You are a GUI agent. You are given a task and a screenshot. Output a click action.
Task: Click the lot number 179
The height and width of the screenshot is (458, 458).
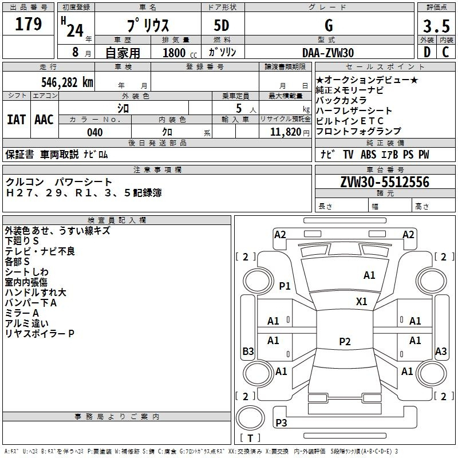tap(28, 24)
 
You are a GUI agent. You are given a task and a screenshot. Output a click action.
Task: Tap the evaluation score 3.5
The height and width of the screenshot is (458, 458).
tap(436, 26)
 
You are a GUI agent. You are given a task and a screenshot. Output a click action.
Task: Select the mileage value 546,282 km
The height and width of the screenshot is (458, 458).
tap(67, 82)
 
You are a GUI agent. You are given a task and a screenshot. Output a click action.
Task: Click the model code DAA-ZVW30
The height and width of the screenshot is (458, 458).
tap(328, 53)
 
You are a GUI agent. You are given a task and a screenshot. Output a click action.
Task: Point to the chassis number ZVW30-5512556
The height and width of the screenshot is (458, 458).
tap(385, 182)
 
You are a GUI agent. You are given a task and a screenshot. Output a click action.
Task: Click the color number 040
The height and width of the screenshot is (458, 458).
tap(94, 132)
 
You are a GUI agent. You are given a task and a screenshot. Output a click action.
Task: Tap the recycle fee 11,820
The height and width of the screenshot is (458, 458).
tap(286, 132)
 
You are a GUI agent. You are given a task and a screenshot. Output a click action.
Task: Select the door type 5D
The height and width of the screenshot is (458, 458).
tap(222, 25)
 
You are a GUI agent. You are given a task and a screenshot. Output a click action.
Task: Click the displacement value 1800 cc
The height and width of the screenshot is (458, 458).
tap(180, 53)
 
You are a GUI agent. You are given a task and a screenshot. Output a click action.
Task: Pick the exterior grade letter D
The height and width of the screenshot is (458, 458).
tap(427, 52)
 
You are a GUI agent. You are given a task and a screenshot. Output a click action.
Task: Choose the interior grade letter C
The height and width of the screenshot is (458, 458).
tap(445, 52)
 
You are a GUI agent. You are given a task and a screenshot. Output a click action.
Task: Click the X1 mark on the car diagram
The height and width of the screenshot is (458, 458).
tap(362, 302)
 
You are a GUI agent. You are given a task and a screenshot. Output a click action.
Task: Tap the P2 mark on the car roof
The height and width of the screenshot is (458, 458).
tap(345, 341)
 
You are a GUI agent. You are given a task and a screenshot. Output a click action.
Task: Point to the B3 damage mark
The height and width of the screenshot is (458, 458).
tap(248, 351)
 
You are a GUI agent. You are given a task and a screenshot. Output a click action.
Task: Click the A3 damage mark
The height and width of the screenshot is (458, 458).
tap(441, 351)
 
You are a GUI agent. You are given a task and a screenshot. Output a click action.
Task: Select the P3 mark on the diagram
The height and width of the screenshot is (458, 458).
tap(281, 423)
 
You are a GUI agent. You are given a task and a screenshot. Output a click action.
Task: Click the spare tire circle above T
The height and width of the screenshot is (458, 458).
tap(250, 417)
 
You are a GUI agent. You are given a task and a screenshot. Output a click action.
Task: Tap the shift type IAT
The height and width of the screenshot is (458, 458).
tap(16, 120)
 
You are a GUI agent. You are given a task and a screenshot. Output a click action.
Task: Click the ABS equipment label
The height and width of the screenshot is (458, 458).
tap(368, 155)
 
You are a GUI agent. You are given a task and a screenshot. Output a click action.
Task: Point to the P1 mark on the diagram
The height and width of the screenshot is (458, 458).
tap(285, 286)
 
